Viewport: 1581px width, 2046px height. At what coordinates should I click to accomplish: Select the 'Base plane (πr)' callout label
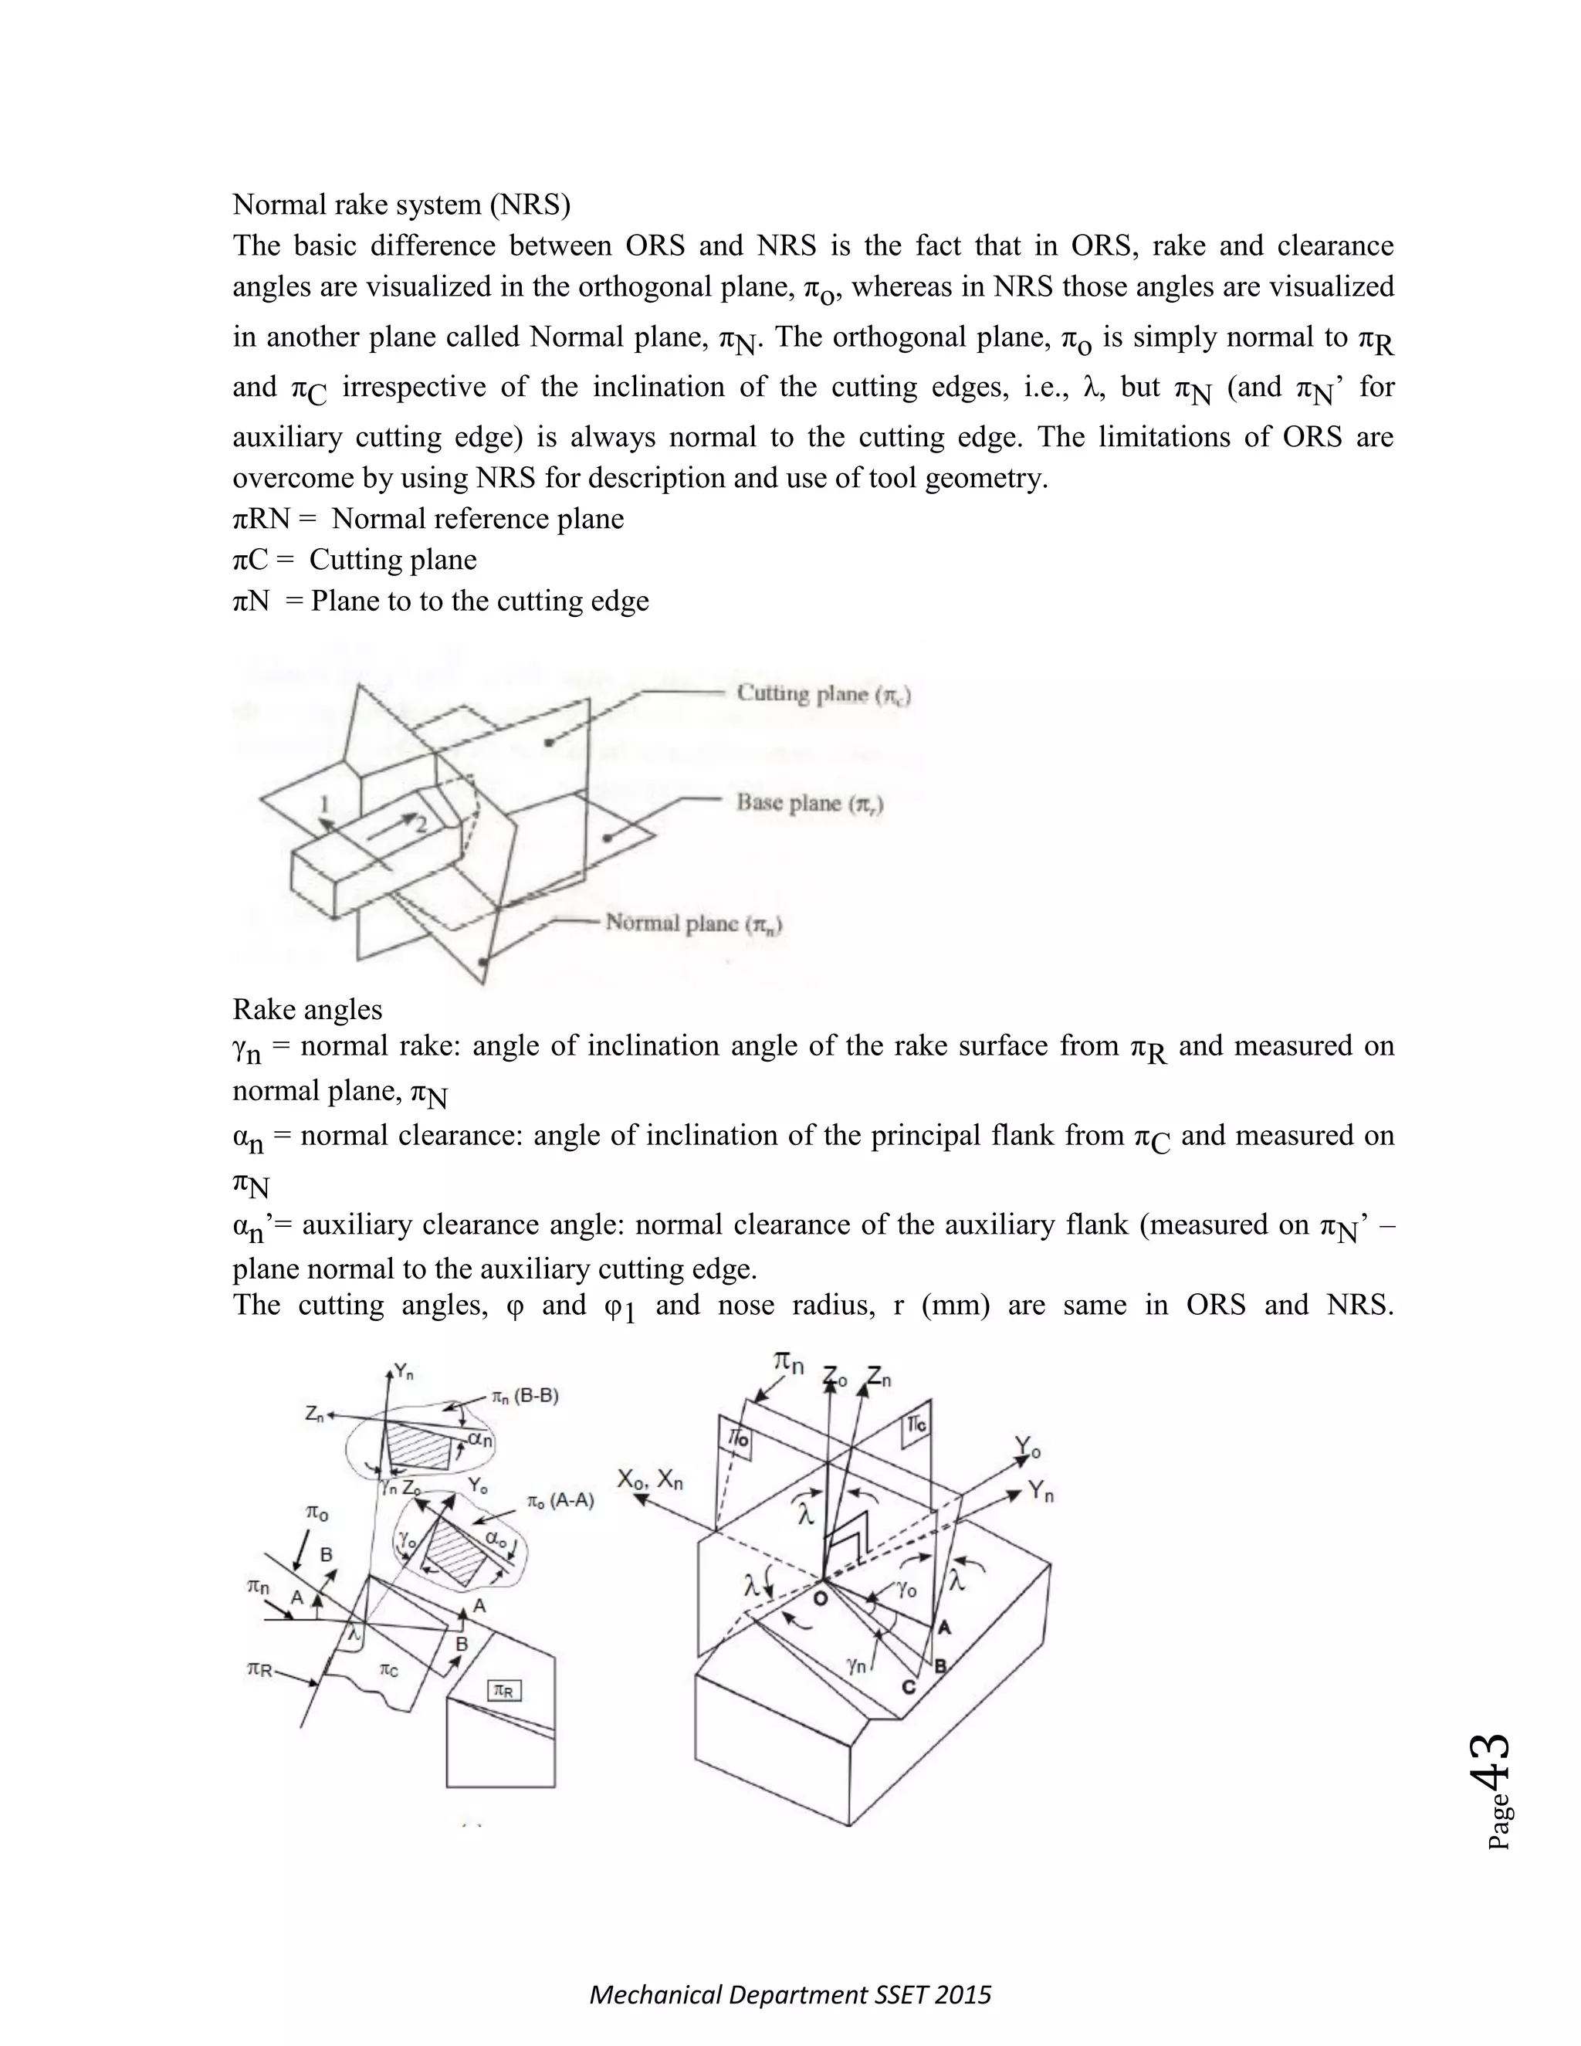(x=810, y=803)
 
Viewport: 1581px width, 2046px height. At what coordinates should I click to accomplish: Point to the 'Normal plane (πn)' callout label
(x=694, y=923)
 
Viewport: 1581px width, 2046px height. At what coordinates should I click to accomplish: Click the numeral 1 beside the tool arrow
(x=324, y=804)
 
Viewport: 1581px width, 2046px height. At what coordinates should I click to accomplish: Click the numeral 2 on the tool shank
(x=421, y=825)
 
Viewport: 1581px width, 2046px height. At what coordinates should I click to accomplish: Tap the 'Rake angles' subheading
(x=307, y=1009)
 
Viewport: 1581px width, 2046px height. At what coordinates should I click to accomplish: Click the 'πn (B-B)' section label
(x=524, y=1396)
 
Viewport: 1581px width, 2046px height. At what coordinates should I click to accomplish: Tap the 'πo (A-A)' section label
(x=560, y=1501)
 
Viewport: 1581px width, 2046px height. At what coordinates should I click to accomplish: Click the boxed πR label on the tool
(x=504, y=1691)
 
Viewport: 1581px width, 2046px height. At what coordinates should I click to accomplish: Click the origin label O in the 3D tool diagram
(x=820, y=1600)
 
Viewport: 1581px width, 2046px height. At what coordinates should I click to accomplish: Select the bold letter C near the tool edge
(x=908, y=1685)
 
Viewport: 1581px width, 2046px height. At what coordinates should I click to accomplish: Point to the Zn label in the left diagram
(x=315, y=1415)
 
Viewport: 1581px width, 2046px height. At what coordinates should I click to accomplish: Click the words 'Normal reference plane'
(x=478, y=518)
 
